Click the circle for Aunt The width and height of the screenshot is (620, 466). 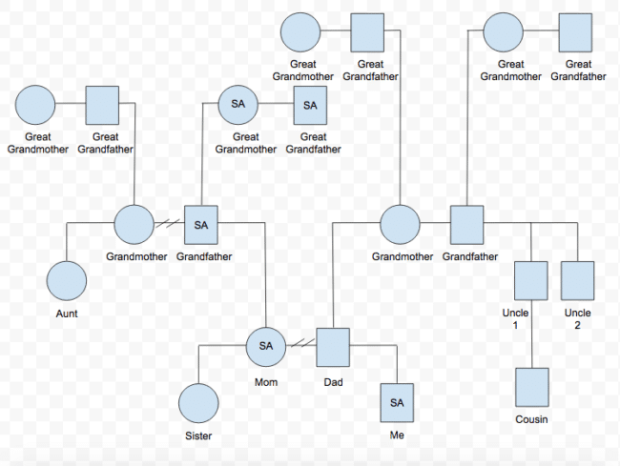67,281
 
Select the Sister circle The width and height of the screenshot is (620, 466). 199,403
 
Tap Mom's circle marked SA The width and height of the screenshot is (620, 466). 266,345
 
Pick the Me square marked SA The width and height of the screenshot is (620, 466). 398,403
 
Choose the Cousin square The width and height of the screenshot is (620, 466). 531,388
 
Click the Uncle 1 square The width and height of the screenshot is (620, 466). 531,281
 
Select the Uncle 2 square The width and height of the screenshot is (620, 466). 578,281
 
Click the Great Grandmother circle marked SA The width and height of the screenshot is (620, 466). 238,105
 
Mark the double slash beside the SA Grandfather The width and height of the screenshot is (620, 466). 172,225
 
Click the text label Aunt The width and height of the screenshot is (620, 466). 67,313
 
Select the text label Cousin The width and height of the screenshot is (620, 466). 531,419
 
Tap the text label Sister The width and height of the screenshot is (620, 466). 198,436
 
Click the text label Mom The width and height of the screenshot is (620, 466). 266,381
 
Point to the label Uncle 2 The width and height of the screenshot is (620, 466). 577,318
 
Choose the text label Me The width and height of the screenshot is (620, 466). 397,436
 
